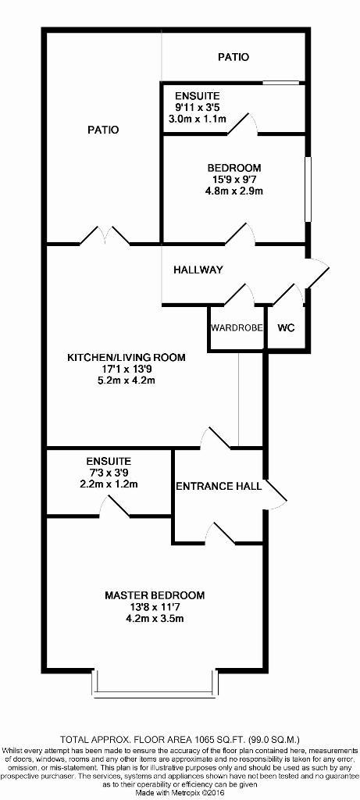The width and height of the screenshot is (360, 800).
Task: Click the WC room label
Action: point(286,328)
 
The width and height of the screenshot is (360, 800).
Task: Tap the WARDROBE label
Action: point(237,328)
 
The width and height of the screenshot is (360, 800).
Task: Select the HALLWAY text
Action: point(198,270)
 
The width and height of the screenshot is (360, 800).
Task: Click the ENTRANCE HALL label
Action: point(218,486)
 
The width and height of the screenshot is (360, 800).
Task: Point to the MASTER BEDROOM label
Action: point(155,595)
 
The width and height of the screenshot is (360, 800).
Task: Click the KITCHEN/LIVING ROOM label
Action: point(126,357)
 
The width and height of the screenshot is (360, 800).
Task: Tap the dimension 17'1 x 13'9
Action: point(126,369)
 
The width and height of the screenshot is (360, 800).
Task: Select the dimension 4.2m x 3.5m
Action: point(155,619)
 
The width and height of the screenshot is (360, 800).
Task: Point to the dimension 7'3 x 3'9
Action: point(109,472)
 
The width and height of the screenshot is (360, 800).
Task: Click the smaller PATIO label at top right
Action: point(233,57)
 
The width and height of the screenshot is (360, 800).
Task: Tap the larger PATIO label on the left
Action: point(103,130)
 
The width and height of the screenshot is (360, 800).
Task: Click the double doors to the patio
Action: point(105,235)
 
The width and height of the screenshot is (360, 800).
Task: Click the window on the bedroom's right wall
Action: point(308,189)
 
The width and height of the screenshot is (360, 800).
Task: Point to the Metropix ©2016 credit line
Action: point(180,794)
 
